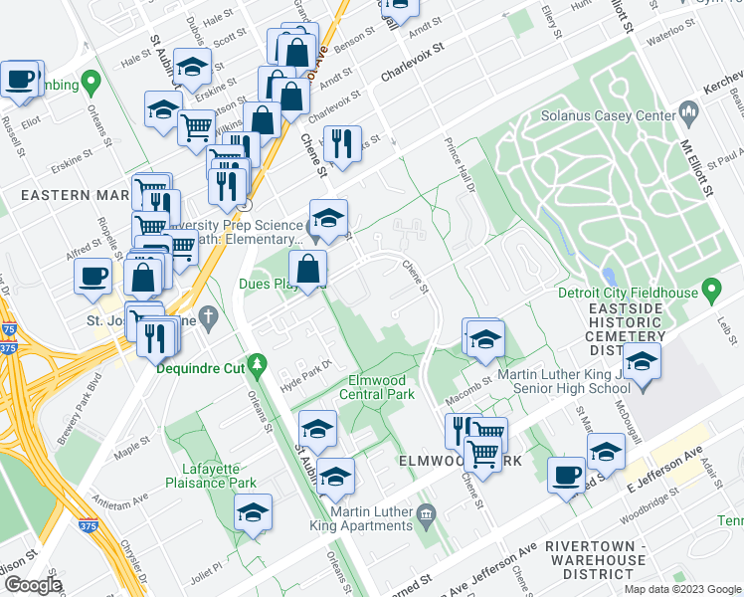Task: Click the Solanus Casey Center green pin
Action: tap(687, 112)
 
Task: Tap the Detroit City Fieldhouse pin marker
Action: tap(710, 290)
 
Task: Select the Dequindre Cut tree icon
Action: tap(257, 366)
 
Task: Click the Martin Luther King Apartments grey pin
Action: tap(427, 513)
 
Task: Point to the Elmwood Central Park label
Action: tap(380, 387)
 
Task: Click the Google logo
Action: tap(33, 584)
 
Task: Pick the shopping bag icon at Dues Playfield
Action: tap(308, 268)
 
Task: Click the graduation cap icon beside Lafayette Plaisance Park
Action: tap(254, 512)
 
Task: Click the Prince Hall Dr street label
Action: tap(460, 158)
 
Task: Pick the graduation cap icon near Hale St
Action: tap(192, 66)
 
